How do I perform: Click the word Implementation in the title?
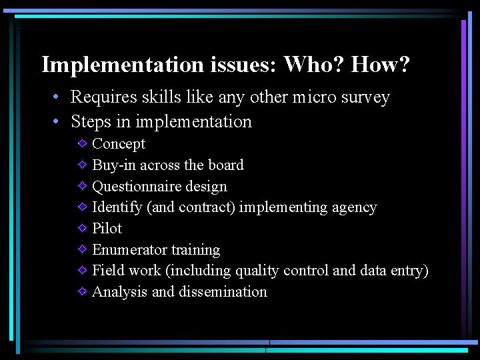(123, 65)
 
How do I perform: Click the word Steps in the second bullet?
(91, 122)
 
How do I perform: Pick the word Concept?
(118, 144)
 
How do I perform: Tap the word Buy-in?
(114, 165)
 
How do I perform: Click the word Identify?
(117, 207)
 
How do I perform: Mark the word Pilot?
(107, 229)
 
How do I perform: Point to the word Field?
(107, 271)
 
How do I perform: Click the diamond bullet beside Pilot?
(81, 228)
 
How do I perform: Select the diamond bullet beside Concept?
(81, 143)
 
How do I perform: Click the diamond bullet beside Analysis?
(81, 291)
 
